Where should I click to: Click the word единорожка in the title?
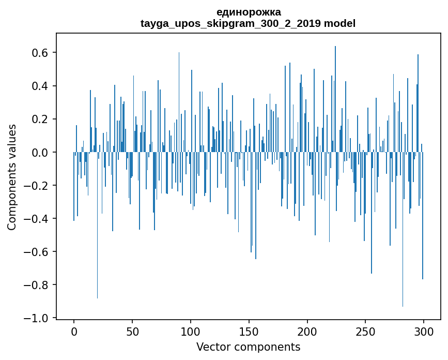(249, 12)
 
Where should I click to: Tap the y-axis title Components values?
(12, 177)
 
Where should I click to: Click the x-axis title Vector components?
(248, 347)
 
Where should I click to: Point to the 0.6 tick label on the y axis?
(41, 53)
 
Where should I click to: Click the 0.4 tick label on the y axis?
(41, 86)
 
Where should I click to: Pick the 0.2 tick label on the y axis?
(41, 119)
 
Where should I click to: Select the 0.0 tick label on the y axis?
(41, 153)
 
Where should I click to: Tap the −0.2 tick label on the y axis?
(38, 186)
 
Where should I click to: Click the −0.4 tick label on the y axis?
(38, 219)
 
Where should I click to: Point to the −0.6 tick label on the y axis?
(38, 252)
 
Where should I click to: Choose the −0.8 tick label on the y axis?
(38, 285)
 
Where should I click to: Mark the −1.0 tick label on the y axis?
(38, 318)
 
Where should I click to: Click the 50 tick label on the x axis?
(132, 331)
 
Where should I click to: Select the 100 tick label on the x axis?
(191, 331)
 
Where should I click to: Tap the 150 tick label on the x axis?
(249, 331)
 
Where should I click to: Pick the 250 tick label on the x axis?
(365, 331)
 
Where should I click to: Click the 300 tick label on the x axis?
(424, 331)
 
